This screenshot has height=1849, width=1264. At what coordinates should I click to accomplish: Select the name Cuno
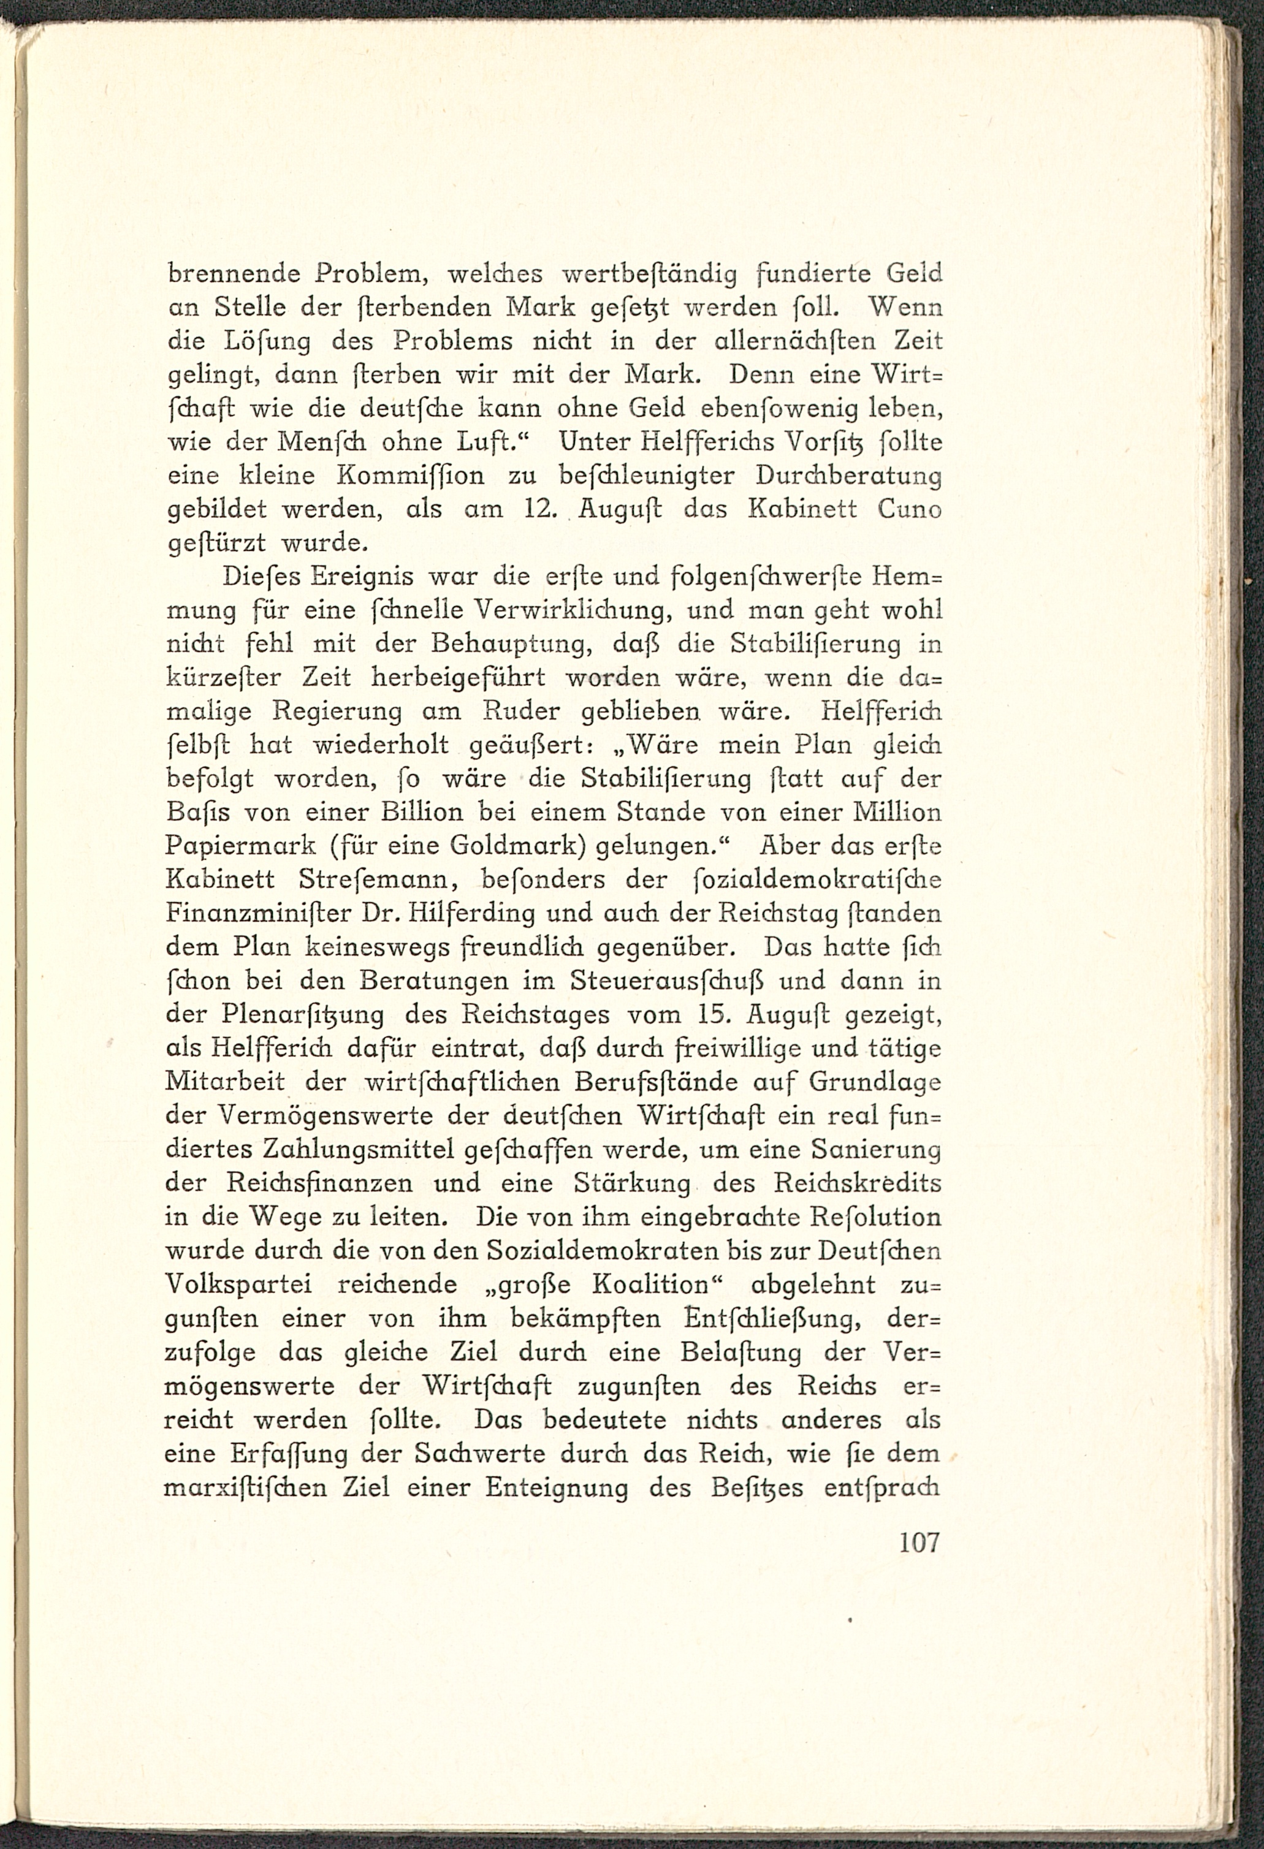pyautogui.click(x=910, y=509)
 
